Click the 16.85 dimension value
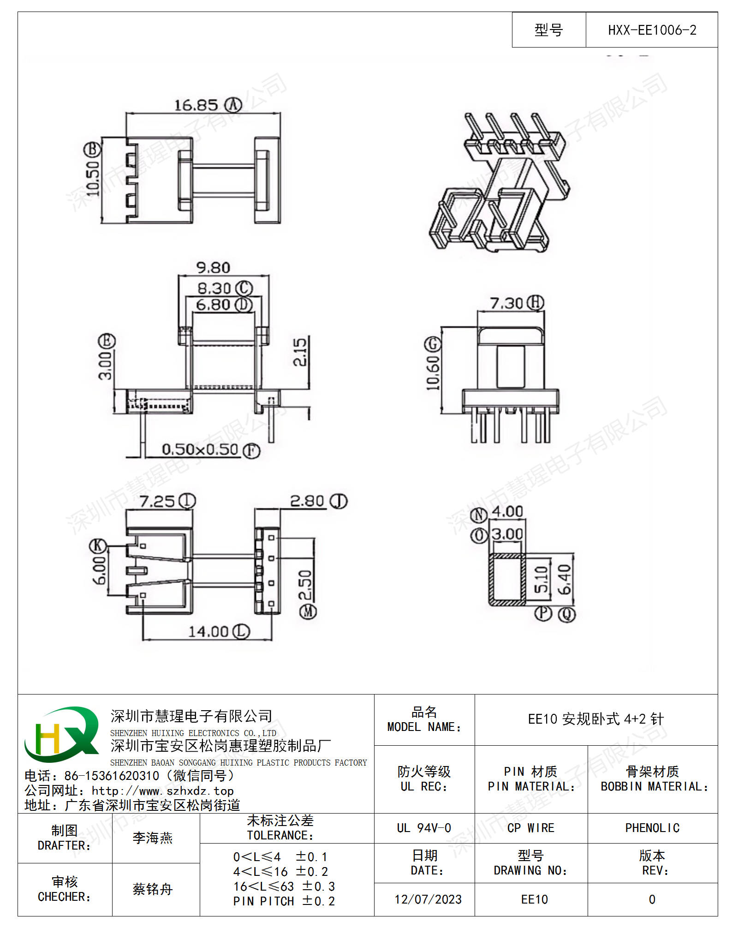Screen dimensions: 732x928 click(196, 105)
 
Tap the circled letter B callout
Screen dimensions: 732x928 click(92, 150)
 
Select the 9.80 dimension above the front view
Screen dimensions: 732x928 click(213, 268)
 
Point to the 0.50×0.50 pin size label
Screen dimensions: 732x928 click(200, 449)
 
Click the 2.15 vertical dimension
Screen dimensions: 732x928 click(300, 353)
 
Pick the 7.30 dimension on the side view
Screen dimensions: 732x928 click(506, 304)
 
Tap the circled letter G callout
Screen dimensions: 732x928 click(433, 344)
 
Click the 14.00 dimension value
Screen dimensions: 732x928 click(208, 632)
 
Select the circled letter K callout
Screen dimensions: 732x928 click(98, 546)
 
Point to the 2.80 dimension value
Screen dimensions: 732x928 click(307, 501)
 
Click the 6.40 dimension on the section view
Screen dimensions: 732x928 click(565, 580)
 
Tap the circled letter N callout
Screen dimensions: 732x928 click(479, 515)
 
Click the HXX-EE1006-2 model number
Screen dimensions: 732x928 click(652, 30)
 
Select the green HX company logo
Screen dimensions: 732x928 click(61, 734)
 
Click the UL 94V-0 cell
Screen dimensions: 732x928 click(424, 828)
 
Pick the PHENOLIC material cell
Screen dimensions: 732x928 click(652, 828)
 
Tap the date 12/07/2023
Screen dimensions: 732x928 click(428, 899)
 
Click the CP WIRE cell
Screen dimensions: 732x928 click(531, 828)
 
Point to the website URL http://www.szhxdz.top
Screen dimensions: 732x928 click(162, 791)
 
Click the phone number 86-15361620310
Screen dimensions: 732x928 click(111, 776)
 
